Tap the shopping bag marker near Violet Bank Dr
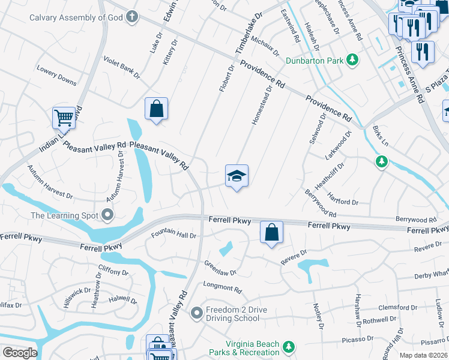pyautogui.click(x=156, y=110)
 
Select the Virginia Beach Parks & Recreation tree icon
pyautogui.click(x=289, y=347)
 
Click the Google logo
pyautogui.click(x=20, y=353)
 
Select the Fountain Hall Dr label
pyautogui.click(x=173, y=235)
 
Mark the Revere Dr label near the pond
pyautogui.click(x=295, y=256)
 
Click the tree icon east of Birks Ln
pyautogui.click(x=381, y=161)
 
